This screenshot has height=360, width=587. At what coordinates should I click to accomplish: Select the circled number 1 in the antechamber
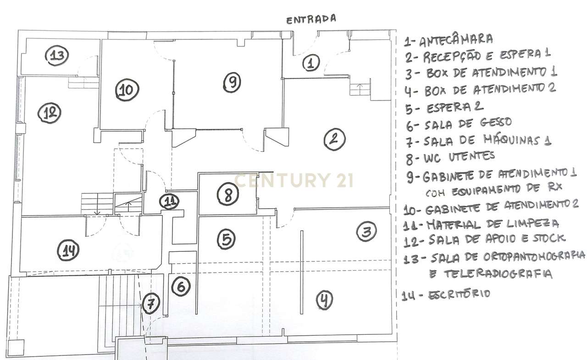click(x=311, y=63)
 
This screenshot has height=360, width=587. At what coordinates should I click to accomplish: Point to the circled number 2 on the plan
click(x=334, y=139)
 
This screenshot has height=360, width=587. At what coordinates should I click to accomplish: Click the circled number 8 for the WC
click(x=228, y=194)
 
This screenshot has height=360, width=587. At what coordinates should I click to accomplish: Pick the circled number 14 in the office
click(x=68, y=250)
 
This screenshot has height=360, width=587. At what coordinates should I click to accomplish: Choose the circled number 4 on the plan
click(x=325, y=300)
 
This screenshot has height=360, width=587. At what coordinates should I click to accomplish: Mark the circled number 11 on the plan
click(x=170, y=201)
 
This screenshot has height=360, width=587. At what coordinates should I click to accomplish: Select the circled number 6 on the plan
click(x=181, y=287)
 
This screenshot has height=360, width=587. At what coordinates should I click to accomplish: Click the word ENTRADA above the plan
click(x=311, y=19)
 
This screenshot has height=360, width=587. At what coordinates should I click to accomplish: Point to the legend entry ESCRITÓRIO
click(x=459, y=294)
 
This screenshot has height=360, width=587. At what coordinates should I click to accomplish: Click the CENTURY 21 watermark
click(x=293, y=180)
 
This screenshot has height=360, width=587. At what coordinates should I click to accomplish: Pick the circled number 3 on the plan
click(x=366, y=232)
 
